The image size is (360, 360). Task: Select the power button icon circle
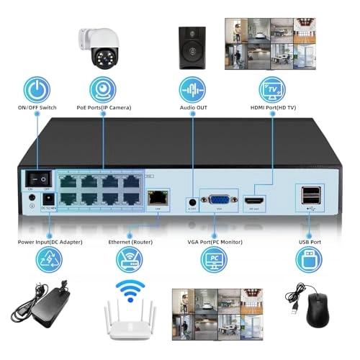point(37,90)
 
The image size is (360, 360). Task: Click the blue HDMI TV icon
point(272,90)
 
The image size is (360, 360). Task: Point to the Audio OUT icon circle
point(192,90)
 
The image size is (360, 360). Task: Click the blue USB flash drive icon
point(309,259)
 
